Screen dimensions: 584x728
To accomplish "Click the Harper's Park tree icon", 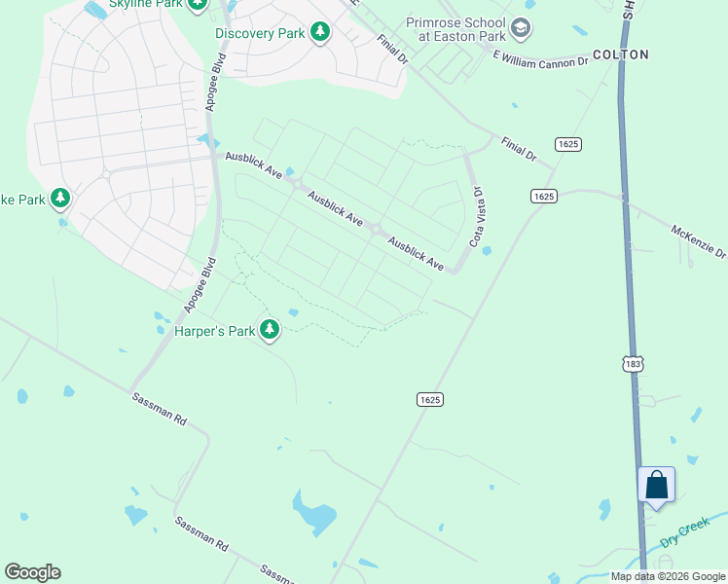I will (270, 331).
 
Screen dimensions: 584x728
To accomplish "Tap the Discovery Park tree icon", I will (319, 33).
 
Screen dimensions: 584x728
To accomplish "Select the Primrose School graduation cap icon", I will (521, 28).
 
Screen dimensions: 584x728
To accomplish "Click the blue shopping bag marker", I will (656, 485).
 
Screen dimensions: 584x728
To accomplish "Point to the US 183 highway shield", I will (632, 362).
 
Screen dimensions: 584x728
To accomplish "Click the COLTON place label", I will (620, 55).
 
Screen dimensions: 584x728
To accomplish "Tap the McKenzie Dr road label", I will (698, 240).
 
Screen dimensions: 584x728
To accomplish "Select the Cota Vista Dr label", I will (477, 217).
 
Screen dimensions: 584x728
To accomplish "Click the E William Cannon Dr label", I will (540, 60).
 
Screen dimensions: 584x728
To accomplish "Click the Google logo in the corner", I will (32, 572).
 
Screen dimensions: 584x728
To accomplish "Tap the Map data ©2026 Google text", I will (668, 576).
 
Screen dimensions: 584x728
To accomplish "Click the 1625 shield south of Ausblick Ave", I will (430, 399).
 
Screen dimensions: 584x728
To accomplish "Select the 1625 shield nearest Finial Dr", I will (568, 144).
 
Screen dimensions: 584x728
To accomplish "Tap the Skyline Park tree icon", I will (199, 5).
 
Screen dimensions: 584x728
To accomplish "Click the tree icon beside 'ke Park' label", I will (60, 200).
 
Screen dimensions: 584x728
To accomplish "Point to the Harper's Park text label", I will (214, 332).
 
